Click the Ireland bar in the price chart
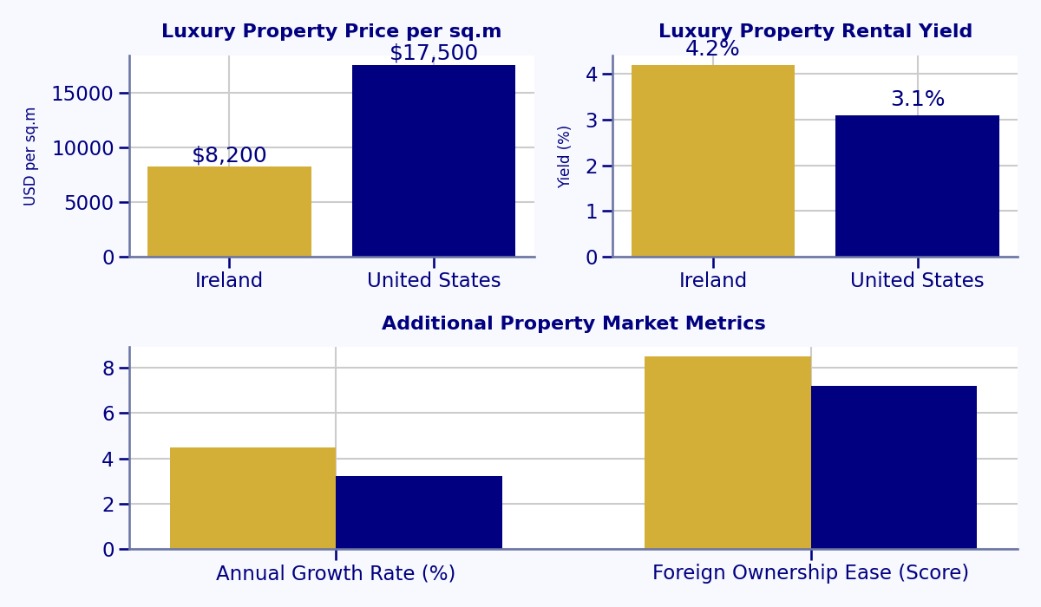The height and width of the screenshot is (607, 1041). pyautogui.click(x=229, y=212)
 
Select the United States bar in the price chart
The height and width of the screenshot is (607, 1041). pyautogui.click(x=434, y=161)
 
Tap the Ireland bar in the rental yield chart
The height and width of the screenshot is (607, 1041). pyautogui.click(x=713, y=161)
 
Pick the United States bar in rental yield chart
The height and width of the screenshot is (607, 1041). pyautogui.click(x=917, y=186)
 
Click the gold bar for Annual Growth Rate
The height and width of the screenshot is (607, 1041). pyautogui.click(x=252, y=499)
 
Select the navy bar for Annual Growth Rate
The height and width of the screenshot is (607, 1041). pyautogui.click(x=419, y=512)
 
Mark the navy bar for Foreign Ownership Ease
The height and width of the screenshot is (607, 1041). pyautogui.click(x=894, y=467)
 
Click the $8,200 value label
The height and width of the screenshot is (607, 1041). pyautogui.click(x=229, y=156)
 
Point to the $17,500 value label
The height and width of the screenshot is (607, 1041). pyautogui.click(x=434, y=54)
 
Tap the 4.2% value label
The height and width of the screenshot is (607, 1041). pyautogui.click(x=712, y=49)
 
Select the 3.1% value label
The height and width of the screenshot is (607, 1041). pyautogui.click(x=917, y=100)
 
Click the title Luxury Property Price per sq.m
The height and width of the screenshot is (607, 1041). pyautogui.click(x=331, y=32)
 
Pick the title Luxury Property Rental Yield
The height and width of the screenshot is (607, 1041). pyautogui.click(x=815, y=32)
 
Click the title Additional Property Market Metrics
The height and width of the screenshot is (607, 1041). pyautogui.click(x=573, y=324)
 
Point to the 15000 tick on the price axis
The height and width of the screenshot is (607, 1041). pyautogui.click(x=82, y=94)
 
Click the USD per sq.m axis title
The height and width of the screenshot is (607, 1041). pyautogui.click(x=30, y=156)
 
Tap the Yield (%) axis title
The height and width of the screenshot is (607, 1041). pyautogui.click(x=565, y=156)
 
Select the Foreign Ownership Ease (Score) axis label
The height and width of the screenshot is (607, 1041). pyautogui.click(x=810, y=573)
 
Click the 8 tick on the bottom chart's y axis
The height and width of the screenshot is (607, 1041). pyautogui.click(x=108, y=369)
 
